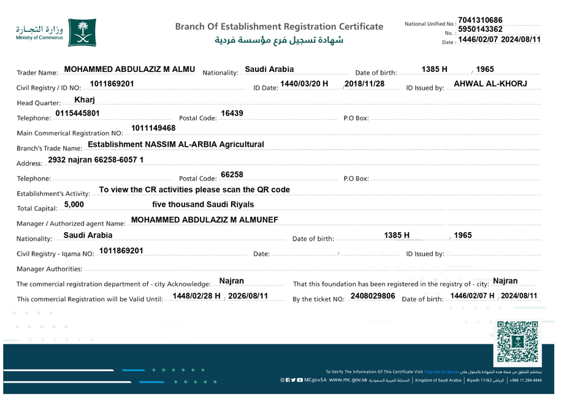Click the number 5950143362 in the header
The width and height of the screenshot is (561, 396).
(480, 29)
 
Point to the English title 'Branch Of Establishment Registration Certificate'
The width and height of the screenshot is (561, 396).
(279, 26)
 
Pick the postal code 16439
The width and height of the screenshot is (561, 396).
(232, 114)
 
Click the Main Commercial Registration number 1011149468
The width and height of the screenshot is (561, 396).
(153, 128)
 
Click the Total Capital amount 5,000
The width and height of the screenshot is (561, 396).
(77, 204)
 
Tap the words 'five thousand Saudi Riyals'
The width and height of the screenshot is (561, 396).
(203, 204)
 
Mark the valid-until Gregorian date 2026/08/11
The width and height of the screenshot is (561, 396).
(248, 297)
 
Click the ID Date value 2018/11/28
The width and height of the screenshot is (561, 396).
(365, 83)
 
